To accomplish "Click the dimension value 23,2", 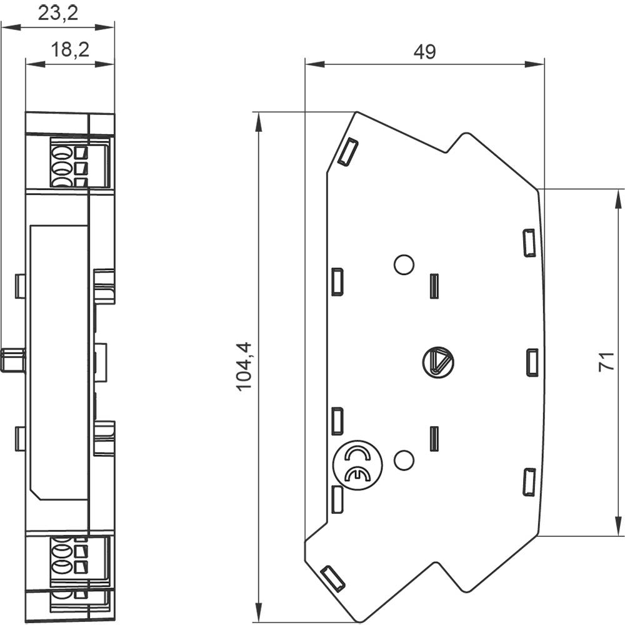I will pyautogui.click(x=58, y=13).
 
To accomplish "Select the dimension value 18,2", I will pyautogui.click(x=69, y=49).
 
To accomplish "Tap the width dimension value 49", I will pyautogui.click(x=424, y=52).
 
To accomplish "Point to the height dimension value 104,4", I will pyautogui.click(x=243, y=366).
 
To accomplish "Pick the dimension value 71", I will pyautogui.click(x=604, y=362).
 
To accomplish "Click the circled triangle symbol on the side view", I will pyautogui.click(x=437, y=362).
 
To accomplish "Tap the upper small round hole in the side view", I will pyautogui.click(x=404, y=264).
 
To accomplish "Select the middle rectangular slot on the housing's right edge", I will pyautogui.click(x=532, y=362).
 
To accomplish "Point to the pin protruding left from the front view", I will pyautogui.click(x=12, y=361).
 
